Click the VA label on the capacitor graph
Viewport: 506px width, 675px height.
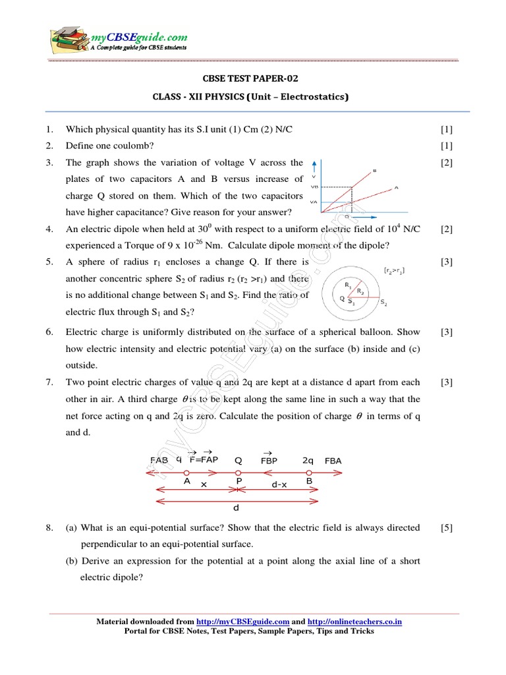[x=314, y=202]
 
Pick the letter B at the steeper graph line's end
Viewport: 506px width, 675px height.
[x=374, y=171]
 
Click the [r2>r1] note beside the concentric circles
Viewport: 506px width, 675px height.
[x=394, y=270]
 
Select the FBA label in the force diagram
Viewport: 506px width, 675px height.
[x=333, y=461]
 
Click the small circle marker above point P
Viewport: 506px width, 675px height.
[x=239, y=473]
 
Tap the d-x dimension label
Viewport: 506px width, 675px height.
[x=279, y=484]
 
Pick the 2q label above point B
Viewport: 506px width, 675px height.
[x=308, y=460]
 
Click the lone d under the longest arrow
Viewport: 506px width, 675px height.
[x=236, y=508]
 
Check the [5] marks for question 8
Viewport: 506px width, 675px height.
[x=447, y=527]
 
